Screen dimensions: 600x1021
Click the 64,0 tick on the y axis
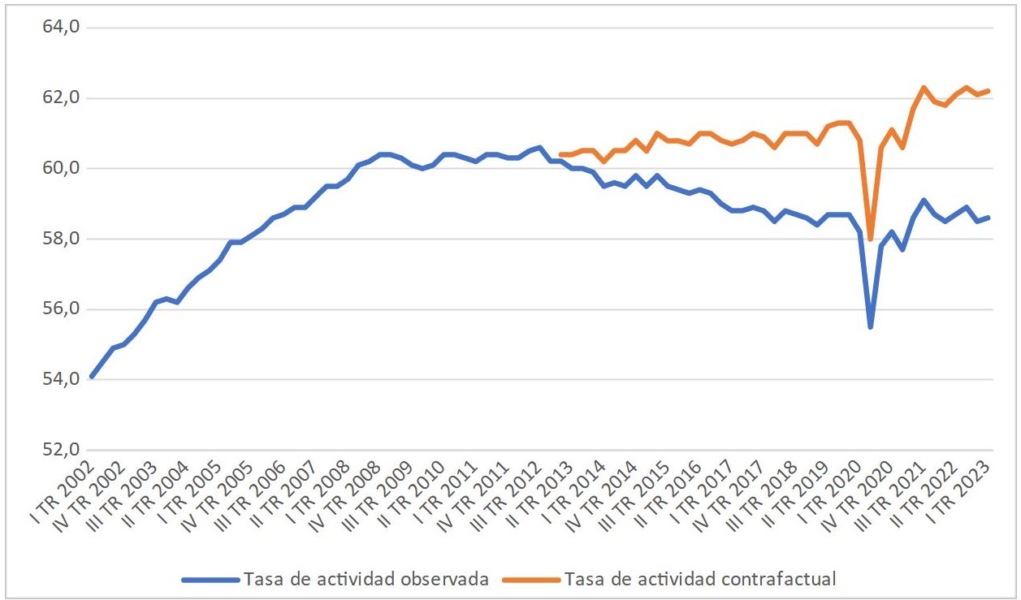pyautogui.click(x=62, y=28)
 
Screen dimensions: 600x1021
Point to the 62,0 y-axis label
pyautogui.click(x=62, y=98)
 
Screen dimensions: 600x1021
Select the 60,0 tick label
pyautogui.click(x=62, y=169)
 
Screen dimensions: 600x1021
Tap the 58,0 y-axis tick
pyautogui.click(x=62, y=240)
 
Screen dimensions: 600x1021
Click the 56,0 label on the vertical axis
pyautogui.click(x=62, y=309)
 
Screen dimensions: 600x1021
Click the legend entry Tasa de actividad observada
pyautogui.click(x=365, y=579)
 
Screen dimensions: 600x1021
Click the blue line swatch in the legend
pyautogui.click(x=210, y=579)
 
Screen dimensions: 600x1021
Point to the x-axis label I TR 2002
pyautogui.click(x=69, y=490)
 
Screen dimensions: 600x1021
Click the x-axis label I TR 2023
pyautogui.click(x=966, y=490)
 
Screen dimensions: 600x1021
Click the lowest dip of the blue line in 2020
pyautogui.click(x=871, y=327)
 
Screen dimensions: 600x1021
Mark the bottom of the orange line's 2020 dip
pyautogui.click(x=871, y=240)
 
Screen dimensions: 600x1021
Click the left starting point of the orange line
pyautogui.click(x=560, y=154)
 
